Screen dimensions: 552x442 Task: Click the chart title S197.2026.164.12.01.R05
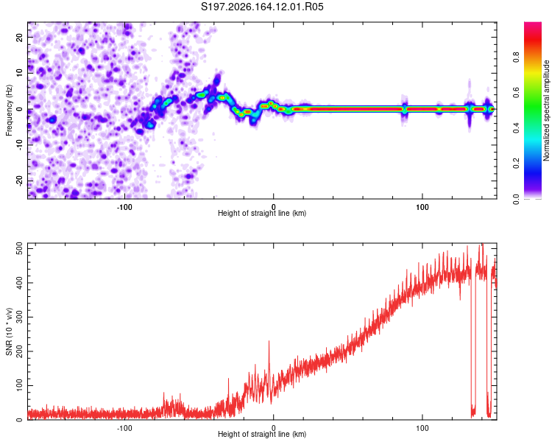[x=262, y=7]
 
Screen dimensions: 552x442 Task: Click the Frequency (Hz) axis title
[x=9, y=110]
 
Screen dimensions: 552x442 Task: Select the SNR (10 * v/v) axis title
[x=9, y=331]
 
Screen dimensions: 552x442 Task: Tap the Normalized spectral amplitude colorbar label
[x=546, y=110]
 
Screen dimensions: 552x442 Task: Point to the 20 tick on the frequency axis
[x=20, y=37]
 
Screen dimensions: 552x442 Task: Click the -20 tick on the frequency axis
[x=20, y=180]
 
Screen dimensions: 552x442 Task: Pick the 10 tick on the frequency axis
[x=20, y=73]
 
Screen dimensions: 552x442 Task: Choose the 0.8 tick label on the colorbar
[x=517, y=57]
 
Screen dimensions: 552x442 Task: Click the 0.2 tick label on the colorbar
[x=517, y=164]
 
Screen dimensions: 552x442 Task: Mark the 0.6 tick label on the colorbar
[x=517, y=92]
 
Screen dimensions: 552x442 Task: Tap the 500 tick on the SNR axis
[x=20, y=248]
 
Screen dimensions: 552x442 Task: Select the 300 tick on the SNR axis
[x=20, y=317]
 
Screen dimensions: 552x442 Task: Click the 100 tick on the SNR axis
[x=20, y=385]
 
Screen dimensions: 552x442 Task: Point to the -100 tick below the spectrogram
[x=124, y=207]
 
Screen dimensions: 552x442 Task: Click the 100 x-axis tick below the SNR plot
[x=422, y=428]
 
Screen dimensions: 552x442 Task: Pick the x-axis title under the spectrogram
[x=262, y=213]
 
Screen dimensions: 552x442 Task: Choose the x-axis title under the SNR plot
[x=262, y=434]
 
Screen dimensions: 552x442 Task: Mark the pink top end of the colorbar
[x=533, y=24]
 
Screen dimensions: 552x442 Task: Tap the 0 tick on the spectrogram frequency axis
[x=20, y=109]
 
